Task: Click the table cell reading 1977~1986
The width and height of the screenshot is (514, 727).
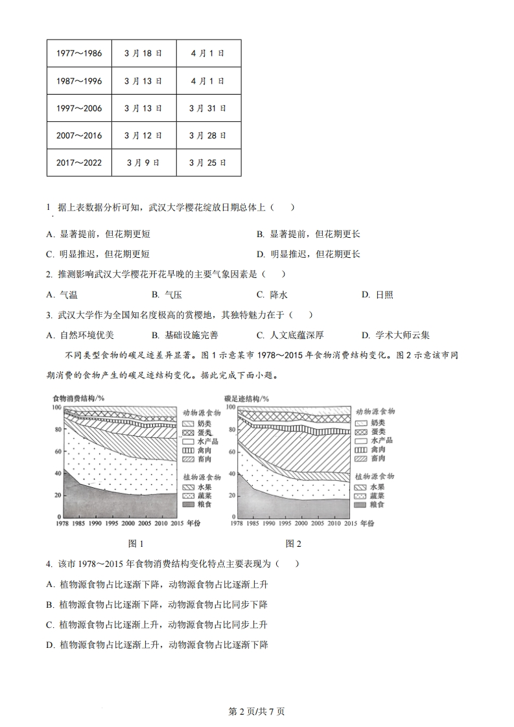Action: click(x=79, y=53)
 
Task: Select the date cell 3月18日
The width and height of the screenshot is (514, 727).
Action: click(x=143, y=53)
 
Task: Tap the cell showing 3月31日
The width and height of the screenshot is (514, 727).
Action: click(x=208, y=108)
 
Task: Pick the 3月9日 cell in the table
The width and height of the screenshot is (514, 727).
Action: click(x=143, y=163)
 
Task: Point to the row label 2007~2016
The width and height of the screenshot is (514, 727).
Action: click(x=79, y=135)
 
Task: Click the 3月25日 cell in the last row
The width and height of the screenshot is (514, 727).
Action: click(x=208, y=163)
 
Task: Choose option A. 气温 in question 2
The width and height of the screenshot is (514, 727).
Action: click(x=62, y=295)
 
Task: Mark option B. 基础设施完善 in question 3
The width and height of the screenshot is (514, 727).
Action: click(x=185, y=335)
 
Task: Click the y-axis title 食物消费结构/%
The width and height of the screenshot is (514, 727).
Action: click(x=78, y=398)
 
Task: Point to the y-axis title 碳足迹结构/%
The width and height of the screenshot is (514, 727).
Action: click(x=246, y=398)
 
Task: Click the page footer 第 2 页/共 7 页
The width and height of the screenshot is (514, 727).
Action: click(x=257, y=711)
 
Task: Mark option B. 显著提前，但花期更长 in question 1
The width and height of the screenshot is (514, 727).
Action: click(x=308, y=234)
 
